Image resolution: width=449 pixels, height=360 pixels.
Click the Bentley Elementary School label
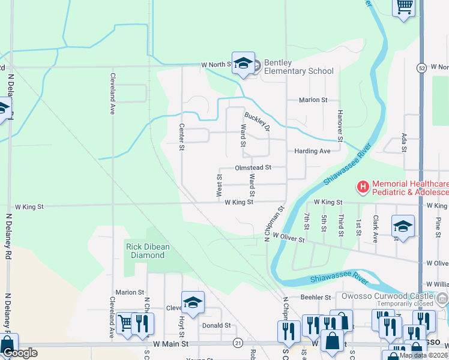pos(298,67)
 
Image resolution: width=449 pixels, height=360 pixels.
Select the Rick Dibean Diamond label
pos(145,251)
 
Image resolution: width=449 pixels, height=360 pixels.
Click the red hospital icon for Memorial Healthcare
pos(363,188)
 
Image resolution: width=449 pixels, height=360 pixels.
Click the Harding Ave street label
pos(312,151)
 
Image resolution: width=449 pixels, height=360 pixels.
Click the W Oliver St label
pos(289,239)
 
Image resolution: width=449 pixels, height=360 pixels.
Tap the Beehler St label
pos(316,297)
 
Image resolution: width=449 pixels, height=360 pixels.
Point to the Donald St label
pos(216,325)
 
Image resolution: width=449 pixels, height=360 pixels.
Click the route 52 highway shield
pos(422,67)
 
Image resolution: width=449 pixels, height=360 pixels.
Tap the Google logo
pos(20,353)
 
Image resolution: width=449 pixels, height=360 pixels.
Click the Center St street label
pos(181,137)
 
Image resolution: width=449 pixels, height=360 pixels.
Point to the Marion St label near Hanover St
pos(313,100)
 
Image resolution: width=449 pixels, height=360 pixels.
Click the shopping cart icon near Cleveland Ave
pos(125,323)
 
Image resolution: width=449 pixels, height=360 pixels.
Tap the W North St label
pos(216,65)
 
